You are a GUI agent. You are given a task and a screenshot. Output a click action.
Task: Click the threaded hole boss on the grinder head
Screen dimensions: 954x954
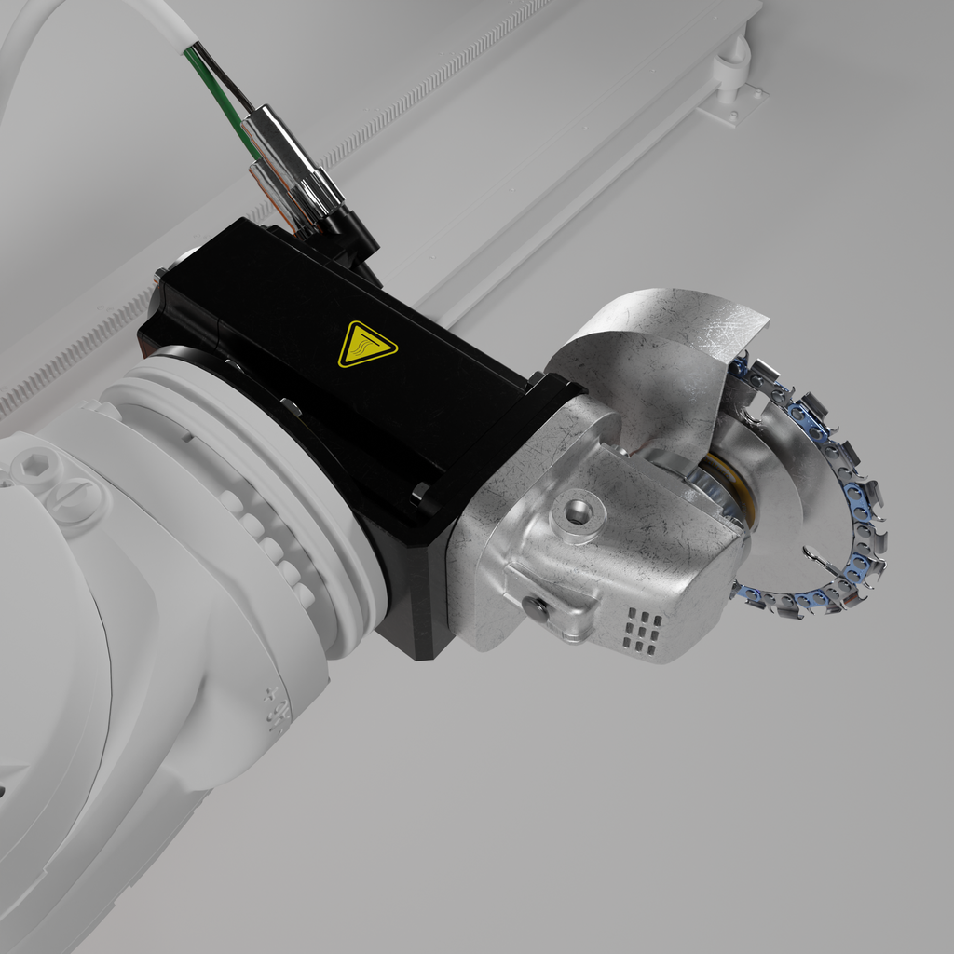[578, 511]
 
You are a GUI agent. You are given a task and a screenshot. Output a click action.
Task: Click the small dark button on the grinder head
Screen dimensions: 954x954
[535, 608]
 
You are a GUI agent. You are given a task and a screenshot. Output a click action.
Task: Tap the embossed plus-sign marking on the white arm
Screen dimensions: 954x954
[273, 694]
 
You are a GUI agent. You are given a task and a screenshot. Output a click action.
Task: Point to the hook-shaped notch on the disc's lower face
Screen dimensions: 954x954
[820, 559]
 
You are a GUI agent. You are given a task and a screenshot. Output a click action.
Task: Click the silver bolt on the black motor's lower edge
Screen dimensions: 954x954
[421, 490]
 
